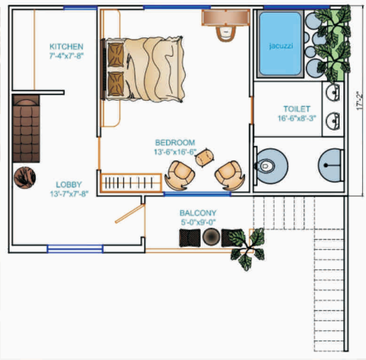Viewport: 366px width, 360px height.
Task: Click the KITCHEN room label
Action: [x=66, y=45]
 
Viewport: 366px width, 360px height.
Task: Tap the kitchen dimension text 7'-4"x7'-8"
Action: [x=66, y=56]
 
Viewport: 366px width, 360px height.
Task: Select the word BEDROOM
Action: [x=175, y=142]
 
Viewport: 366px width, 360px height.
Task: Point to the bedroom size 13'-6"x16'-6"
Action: [x=175, y=152]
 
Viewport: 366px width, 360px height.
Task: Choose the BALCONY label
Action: [x=198, y=212]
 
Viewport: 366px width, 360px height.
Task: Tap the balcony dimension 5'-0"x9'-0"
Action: [x=198, y=223]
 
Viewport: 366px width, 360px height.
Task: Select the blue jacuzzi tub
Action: [x=279, y=45]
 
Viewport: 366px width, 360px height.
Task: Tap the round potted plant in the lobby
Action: [x=24, y=176]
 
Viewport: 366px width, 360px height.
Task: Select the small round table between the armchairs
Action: [x=204, y=157]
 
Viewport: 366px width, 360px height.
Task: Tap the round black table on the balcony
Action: [x=211, y=238]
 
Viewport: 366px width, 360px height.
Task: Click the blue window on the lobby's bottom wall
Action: [x=75, y=249]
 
